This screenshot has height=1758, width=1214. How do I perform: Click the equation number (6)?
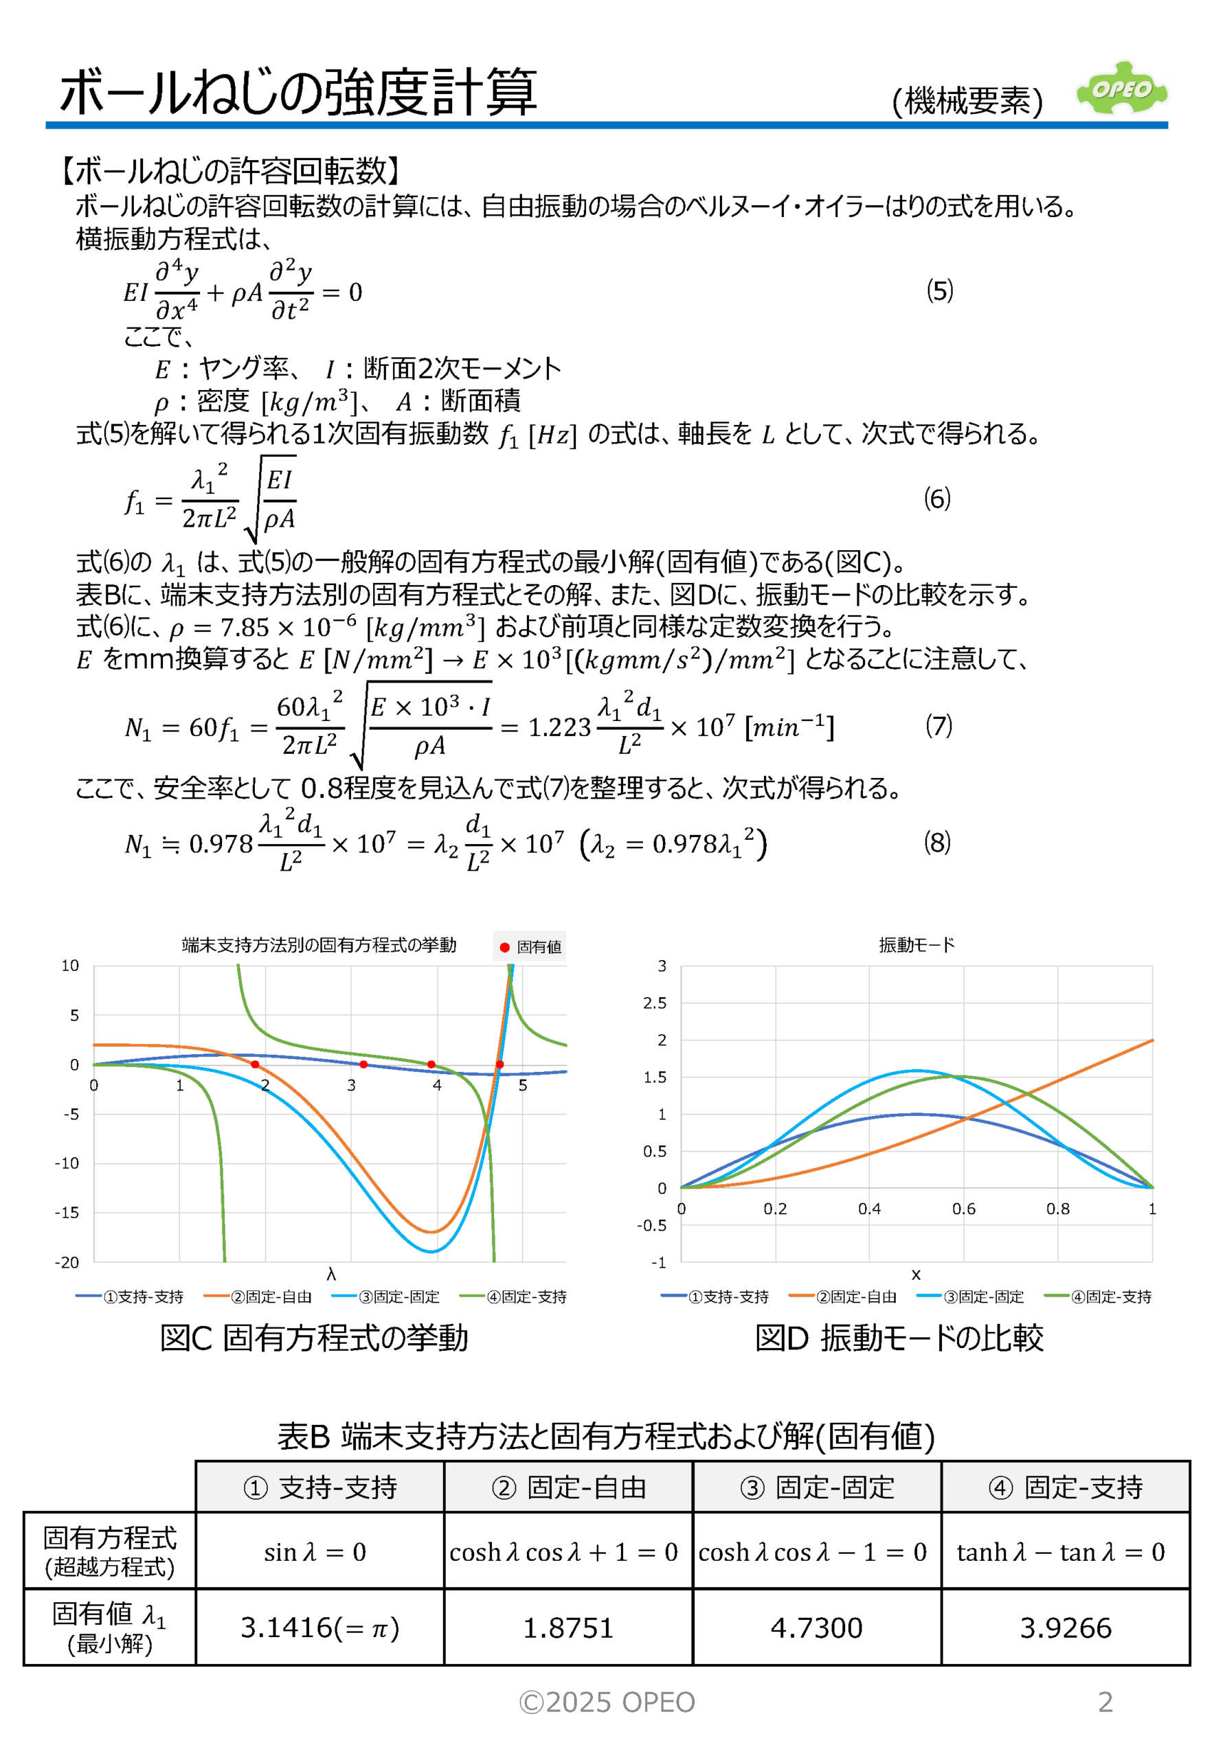click(x=936, y=499)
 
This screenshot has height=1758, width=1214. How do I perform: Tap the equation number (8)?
click(x=936, y=843)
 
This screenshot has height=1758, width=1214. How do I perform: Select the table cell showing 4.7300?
click(x=816, y=1628)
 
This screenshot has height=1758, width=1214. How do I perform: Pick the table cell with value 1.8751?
click(x=567, y=1628)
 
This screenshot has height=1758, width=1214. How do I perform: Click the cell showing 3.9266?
click(x=1065, y=1628)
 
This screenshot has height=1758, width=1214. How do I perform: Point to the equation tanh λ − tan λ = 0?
click(x=1060, y=1551)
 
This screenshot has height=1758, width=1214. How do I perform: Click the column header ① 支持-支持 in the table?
click(x=320, y=1487)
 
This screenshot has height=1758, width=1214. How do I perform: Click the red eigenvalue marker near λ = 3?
click(x=363, y=1064)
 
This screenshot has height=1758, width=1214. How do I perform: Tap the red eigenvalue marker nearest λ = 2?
click(x=255, y=1064)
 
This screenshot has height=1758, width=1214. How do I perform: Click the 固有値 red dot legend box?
click(x=530, y=947)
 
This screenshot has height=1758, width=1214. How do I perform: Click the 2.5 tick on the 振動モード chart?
click(x=654, y=1003)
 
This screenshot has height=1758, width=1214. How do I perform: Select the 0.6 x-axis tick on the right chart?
click(x=964, y=1209)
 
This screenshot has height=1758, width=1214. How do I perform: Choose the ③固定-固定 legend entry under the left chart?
click(x=386, y=1297)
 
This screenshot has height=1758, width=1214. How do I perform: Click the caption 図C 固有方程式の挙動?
click(x=313, y=1338)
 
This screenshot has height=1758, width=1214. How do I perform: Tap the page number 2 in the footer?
click(x=1105, y=1702)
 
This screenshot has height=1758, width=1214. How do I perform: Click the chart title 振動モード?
click(x=916, y=944)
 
